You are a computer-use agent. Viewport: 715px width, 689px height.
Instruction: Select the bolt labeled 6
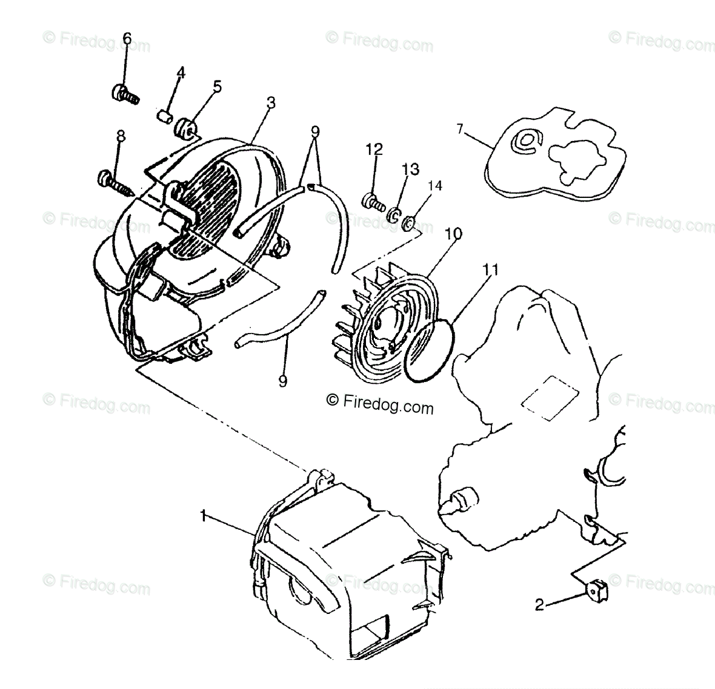(124, 94)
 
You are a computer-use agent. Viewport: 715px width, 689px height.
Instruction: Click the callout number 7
(460, 128)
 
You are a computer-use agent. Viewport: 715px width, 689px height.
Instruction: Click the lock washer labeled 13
(393, 214)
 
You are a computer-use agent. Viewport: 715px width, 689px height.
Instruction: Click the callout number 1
(204, 515)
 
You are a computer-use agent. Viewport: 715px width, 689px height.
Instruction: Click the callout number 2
(539, 604)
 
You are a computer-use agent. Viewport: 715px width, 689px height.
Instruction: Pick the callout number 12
(374, 149)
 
